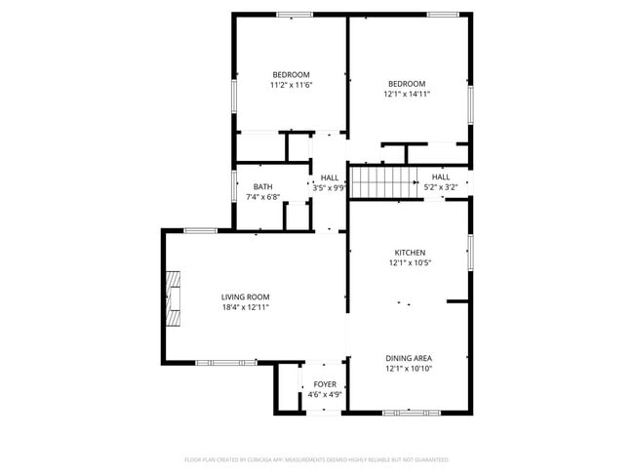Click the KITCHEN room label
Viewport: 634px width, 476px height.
409,253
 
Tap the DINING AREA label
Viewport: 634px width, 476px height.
409,358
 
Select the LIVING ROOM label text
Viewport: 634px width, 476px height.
245,297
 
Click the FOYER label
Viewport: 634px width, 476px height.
324,384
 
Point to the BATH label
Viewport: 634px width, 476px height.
262,187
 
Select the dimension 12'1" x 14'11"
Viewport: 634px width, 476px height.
406,95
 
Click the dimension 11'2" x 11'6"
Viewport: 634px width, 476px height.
291,86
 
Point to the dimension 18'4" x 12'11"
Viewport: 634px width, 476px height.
245,308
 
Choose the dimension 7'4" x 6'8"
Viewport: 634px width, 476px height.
262,198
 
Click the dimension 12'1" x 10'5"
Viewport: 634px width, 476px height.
409,262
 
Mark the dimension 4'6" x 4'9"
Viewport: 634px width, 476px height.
324,395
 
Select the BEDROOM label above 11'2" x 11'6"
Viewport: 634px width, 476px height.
291,75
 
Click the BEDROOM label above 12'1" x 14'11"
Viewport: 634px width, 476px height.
406,84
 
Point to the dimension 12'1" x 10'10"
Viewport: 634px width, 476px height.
409,369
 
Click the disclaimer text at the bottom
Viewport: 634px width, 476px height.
316,459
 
